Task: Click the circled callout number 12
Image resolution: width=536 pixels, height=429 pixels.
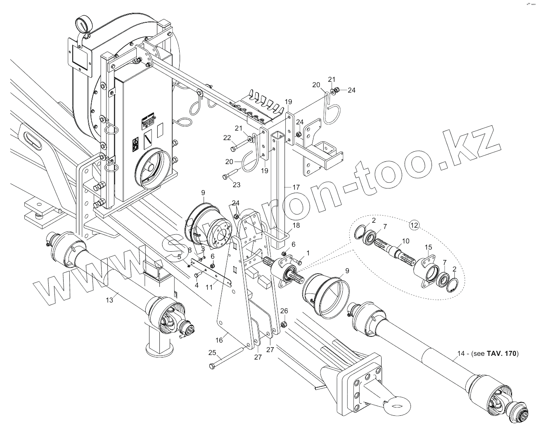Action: (x=414, y=225)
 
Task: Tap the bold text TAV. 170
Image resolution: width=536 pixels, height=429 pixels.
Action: (x=502, y=353)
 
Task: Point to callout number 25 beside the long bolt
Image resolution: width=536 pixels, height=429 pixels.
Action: (x=212, y=352)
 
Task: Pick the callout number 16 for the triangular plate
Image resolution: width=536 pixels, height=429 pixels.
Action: (x=219, y=340)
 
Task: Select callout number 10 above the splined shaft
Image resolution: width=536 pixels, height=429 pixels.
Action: (x=406, y=241)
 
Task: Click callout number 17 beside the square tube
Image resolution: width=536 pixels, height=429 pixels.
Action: (x=296, y=187)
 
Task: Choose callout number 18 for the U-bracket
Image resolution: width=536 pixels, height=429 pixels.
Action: (x=296, y=225)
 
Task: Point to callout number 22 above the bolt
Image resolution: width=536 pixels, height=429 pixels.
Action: (x=227, y=137)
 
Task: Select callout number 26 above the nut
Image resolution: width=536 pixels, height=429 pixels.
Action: (x=284, y=311)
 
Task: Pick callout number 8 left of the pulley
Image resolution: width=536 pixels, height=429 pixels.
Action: (x=190, y=250)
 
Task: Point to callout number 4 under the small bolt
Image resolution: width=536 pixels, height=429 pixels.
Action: (x=197, y=285)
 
